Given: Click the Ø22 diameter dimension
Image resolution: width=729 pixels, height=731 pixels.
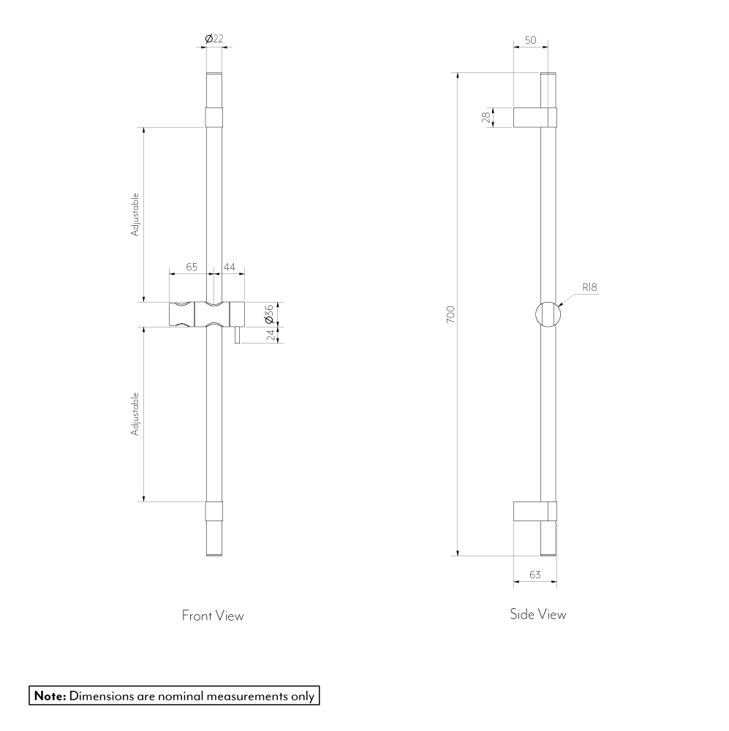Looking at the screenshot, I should click(x=214, y=39).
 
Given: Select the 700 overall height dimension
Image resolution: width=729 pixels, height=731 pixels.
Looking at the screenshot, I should click(x=450, y=314).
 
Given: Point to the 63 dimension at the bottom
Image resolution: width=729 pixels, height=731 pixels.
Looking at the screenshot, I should click(x=535, y=575).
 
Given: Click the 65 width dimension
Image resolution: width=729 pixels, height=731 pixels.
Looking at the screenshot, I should click(x=192, y=268).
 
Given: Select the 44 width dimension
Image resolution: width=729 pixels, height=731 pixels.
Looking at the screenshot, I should click(x=229, y=268).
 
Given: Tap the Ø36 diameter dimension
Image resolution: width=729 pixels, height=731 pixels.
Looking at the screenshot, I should click(x=268, y=314).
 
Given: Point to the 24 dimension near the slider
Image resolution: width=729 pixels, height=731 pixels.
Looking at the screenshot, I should click(x=270, y=335).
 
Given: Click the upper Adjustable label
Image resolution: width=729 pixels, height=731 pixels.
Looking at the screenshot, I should click(x=135, y=215).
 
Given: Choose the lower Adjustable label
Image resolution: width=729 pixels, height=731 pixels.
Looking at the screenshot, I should click(x=135, y=414).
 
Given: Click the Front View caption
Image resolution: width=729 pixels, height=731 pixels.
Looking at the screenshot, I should click(x=213, y=616).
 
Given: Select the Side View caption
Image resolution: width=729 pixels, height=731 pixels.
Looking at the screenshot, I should click(x=537, y=614).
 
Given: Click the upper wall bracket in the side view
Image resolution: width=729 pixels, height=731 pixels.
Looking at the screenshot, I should click(x=535, y=117).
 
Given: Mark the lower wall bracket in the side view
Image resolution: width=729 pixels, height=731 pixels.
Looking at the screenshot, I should click(x=535, y=511).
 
